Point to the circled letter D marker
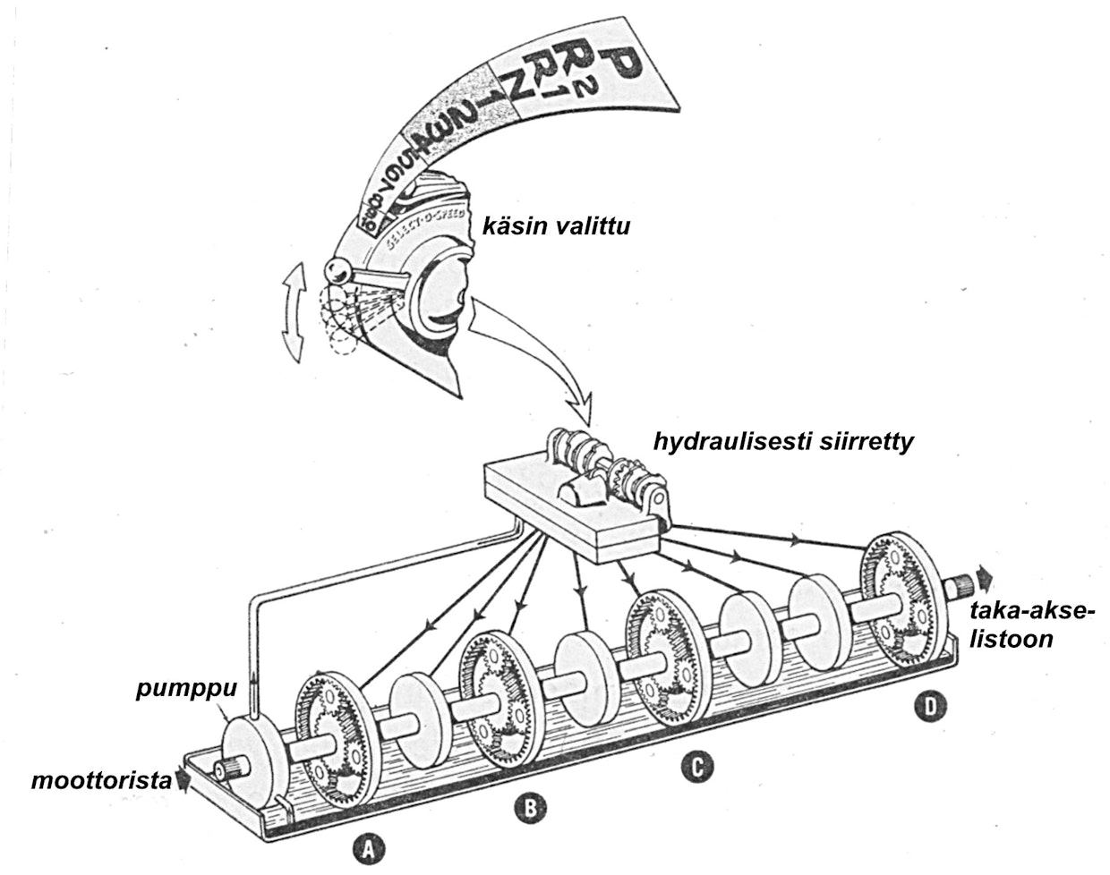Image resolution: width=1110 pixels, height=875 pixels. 931,708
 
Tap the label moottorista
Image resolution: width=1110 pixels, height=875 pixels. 100,781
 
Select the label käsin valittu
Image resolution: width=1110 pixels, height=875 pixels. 556,227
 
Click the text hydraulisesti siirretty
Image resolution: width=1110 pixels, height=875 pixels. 783,442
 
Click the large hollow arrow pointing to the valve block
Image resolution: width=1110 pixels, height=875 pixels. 528,358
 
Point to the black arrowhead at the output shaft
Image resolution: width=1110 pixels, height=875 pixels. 984,574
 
